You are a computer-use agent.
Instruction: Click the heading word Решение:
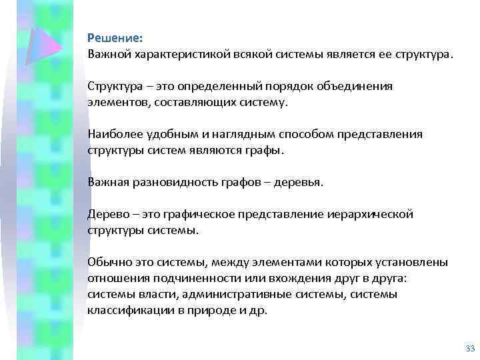(x=114, y=39)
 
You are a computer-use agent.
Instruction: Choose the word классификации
(x=126, y=310)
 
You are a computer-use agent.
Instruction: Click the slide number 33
(x=469, y=348)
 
